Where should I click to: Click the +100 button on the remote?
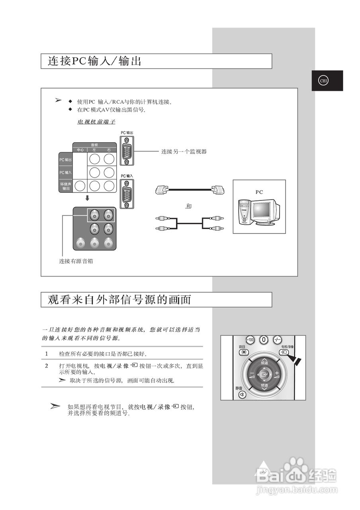click(x=250, y=340)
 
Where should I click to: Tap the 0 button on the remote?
click(x=264, y=340)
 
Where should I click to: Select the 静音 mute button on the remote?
click(x=242, y=394)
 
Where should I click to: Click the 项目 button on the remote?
click(x=243, y=353)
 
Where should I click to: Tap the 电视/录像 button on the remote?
click(x=283, y=353)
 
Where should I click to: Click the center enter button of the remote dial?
click(x=264, y=375)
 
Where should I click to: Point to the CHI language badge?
click(x=324, y=80)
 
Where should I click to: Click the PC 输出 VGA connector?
click(x=127, y=151)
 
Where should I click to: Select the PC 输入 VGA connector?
click(x=127, y=194)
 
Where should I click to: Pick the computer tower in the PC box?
click(x=245, y=211)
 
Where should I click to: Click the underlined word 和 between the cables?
click(x=189, y=206)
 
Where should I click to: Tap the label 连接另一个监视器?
click(x=184, y=151)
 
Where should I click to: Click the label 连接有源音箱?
click(x=76, y=261)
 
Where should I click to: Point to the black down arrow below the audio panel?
click(x=87, y=198)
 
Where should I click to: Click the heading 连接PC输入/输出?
click(x=94, y=61)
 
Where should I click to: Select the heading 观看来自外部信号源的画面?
click(x=119, y=300)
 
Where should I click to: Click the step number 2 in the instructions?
click(x=46, y=366)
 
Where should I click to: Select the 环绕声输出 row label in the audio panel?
click(x=66, y=186)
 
